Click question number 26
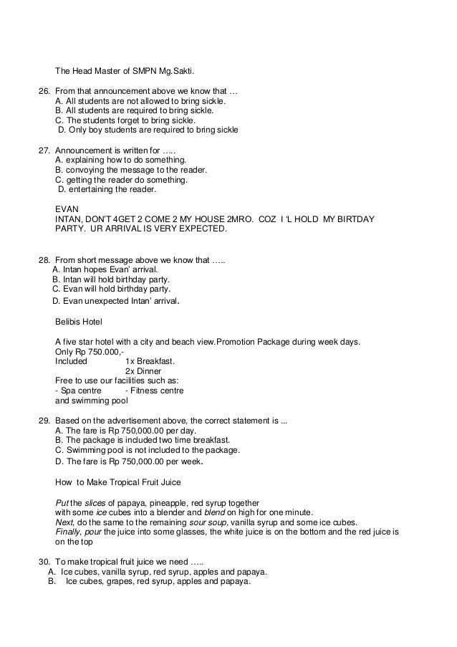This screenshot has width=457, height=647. tap(42, 92)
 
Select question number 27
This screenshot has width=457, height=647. tap(42, 151)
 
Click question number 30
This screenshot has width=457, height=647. tap(42, 562)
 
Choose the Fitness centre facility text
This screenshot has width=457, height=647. tap(154, 391)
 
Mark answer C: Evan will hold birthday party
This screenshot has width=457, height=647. tap(112, 289)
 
